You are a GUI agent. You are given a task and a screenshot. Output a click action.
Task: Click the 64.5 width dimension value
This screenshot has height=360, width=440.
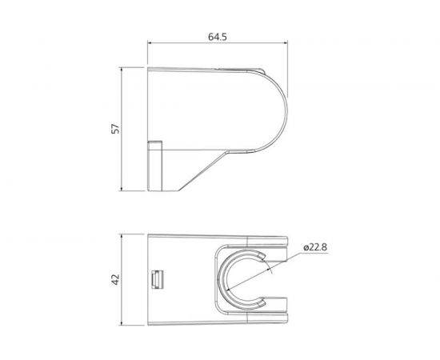tap(215, 36)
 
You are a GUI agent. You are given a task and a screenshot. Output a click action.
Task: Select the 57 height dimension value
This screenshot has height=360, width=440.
tap(114, 128)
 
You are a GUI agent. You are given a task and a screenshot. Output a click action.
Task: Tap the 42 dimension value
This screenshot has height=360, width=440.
tap(114, 280)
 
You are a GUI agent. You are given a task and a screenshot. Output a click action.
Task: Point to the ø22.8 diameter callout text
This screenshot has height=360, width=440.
tap(319, 247)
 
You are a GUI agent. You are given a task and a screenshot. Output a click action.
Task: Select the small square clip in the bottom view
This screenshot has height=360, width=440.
tap(156, 279)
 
